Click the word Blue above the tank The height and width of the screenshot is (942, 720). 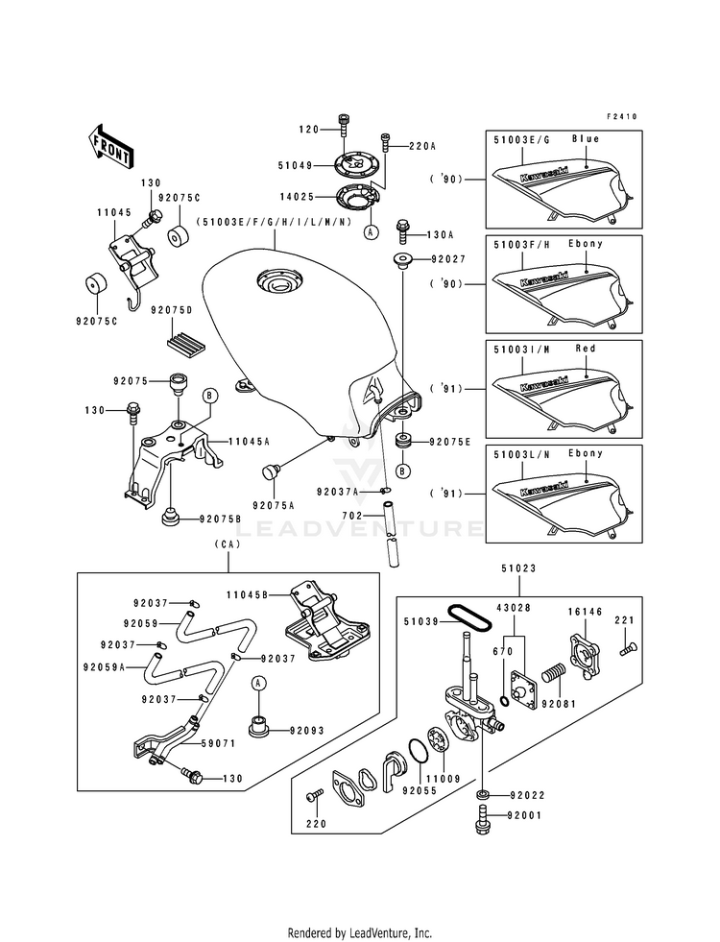(585, 138)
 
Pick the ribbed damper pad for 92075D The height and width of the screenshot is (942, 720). (184, 338)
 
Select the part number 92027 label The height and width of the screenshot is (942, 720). (447, 258)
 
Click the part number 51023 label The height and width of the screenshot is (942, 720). (514, 568)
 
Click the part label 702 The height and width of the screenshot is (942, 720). (352, 516)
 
